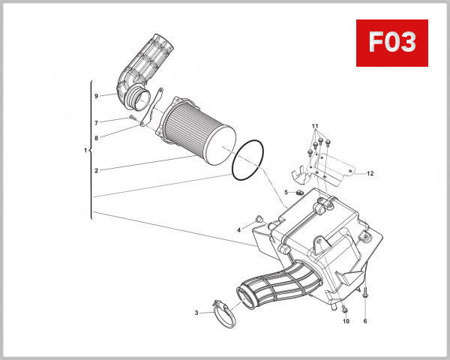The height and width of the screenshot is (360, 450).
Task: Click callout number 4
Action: [239, 229]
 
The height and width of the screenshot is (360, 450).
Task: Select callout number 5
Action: [286, 193]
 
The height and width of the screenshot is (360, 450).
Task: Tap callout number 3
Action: [196, 313]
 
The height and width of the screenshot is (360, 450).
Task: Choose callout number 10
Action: [346, 322]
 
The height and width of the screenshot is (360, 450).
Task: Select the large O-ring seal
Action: [247, 160]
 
